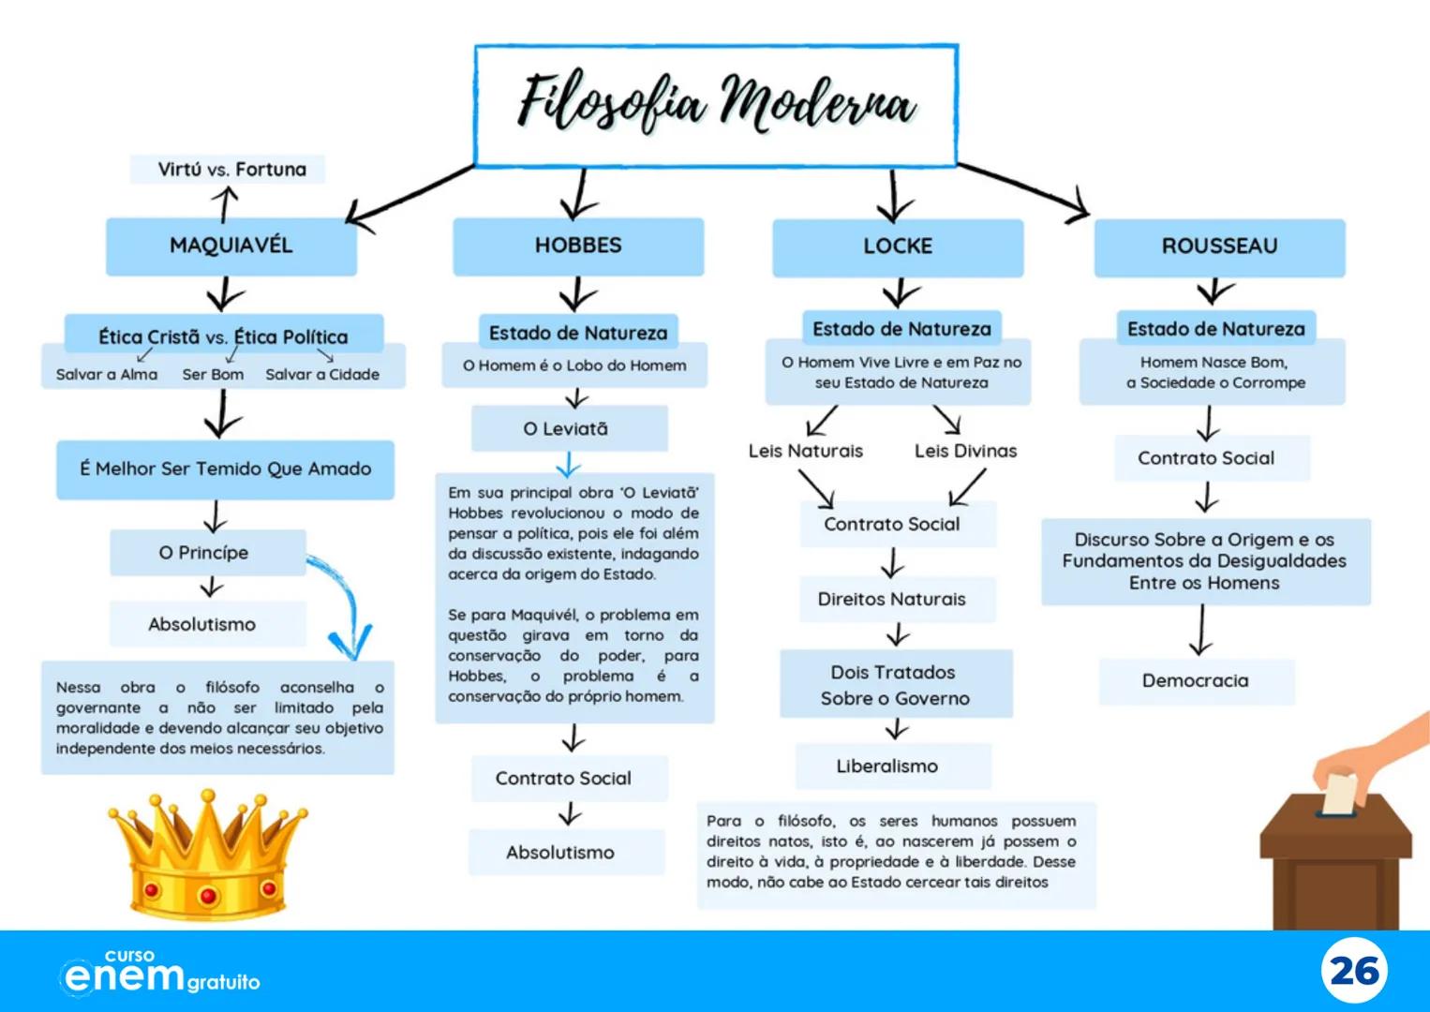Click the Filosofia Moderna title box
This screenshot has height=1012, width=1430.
pyautogui.click(x=716, y=105)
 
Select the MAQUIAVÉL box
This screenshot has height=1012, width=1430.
pyautogui.click(x=231, y=246)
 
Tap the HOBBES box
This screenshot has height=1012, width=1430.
pyautogui.click(x=578, y=246)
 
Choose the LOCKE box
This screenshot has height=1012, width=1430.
pyautogui.click(x=898, y=246)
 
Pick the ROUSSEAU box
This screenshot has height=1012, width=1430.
pyautogui.click(x=1219, y=246)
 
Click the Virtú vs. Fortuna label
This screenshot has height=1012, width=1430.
pyautogui.click(x=231, y=170)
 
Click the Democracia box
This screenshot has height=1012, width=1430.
pyautogui.click(x=1196, y=680)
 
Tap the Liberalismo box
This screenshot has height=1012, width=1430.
pyautogui.click(x=888, y=766)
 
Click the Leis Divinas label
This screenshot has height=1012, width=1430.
pyautogui.click(x=965, y=451)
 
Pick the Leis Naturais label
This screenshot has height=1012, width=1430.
pyautogui.click(x=806, y=451)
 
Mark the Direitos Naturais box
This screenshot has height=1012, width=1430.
pyautogui.click(x=892, y=599)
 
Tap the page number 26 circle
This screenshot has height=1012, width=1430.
pyautogui.click(x=1354, y=972)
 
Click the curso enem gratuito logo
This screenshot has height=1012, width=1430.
pyautogui.click(x=159, y=973)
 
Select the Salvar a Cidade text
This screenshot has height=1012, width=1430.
pyautogui.click(x=322, y=375)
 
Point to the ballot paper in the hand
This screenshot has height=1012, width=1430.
pyautogui.click(x=1339, y=793)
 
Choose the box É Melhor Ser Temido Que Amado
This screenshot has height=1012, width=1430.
pyautogui.click(x=225, y=469)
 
